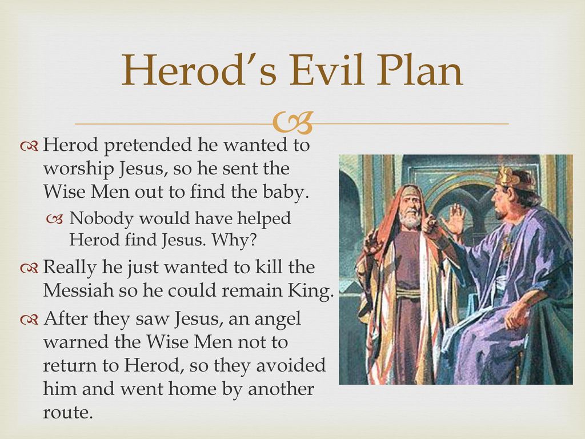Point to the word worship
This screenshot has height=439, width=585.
click(78, 169)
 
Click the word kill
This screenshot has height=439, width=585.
click(268, 267)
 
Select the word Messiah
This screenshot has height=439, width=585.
click(78, 290)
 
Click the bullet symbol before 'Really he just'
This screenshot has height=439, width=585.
click(29, 268)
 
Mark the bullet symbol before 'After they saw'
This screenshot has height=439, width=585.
click(29, 320)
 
